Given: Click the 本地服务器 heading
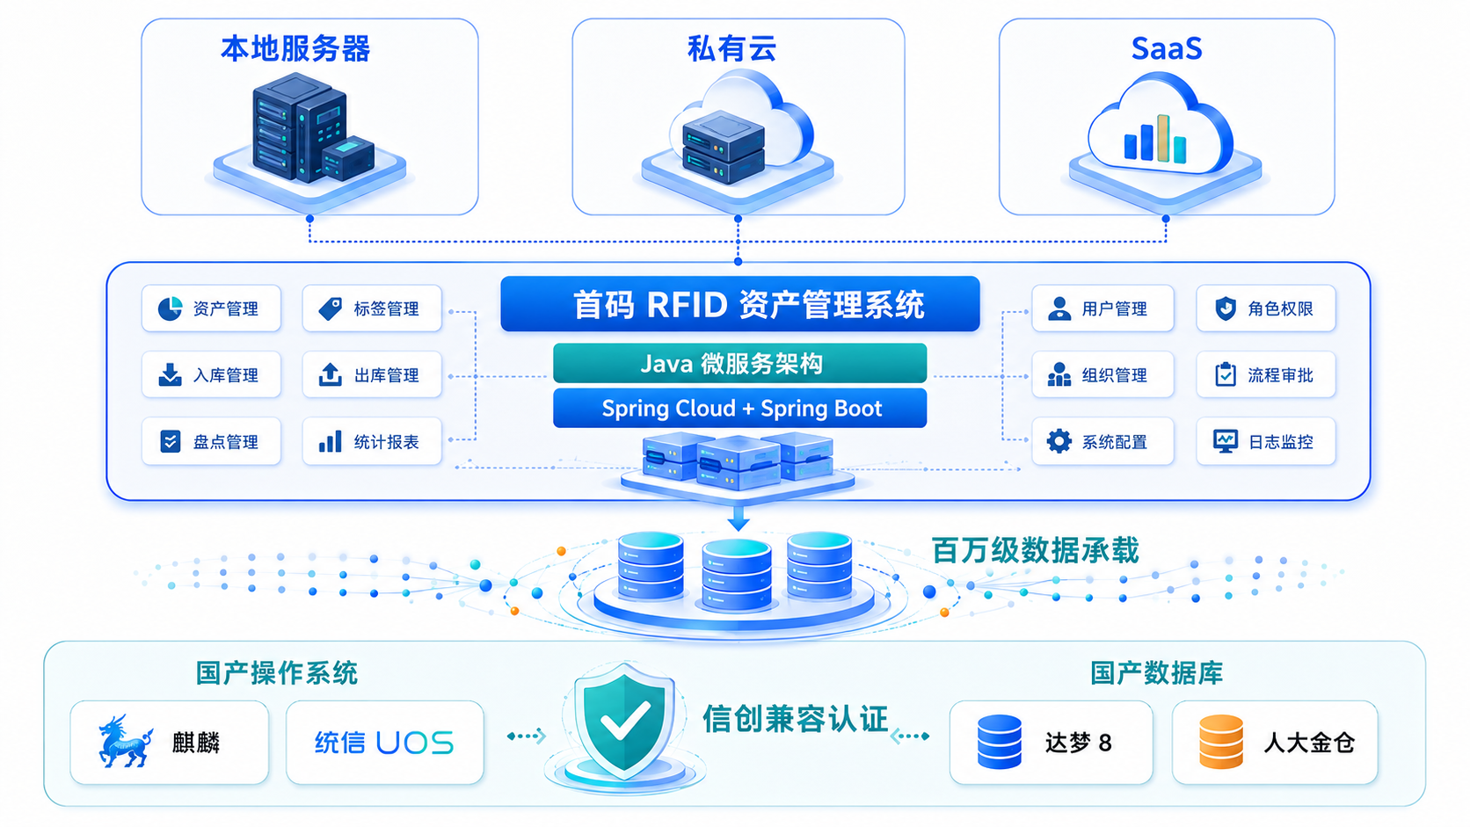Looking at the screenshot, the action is click(295, 49).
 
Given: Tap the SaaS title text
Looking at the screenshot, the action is click(1167, 49).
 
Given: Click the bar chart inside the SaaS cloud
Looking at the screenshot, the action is click(1155, 139).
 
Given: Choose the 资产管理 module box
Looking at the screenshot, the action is click(211, 308).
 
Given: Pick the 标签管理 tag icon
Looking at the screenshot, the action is click(330, 308).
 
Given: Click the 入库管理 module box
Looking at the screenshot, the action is click(211, 374).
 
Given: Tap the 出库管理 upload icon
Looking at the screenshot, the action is click(330, 374).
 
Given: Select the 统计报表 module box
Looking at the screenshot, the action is click(372, 441).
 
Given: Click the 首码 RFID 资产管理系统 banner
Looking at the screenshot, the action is click(740, 304).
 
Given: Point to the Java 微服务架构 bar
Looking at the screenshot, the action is click(740, 363).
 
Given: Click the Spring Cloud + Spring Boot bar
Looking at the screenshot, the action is click(740, 408).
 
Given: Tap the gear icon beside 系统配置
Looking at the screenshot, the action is click(1059, 441).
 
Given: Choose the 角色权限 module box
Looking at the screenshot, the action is click(1266, 308).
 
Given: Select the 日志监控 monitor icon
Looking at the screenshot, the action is click(1226, 441).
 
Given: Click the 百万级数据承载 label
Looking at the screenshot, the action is click(1036, 550).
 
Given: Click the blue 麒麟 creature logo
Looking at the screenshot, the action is click(125, 741).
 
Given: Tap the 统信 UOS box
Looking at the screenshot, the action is click(385, 743).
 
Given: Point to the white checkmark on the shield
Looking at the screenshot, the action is click(625, 720).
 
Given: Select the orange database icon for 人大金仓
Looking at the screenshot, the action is click(1221, 742).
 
